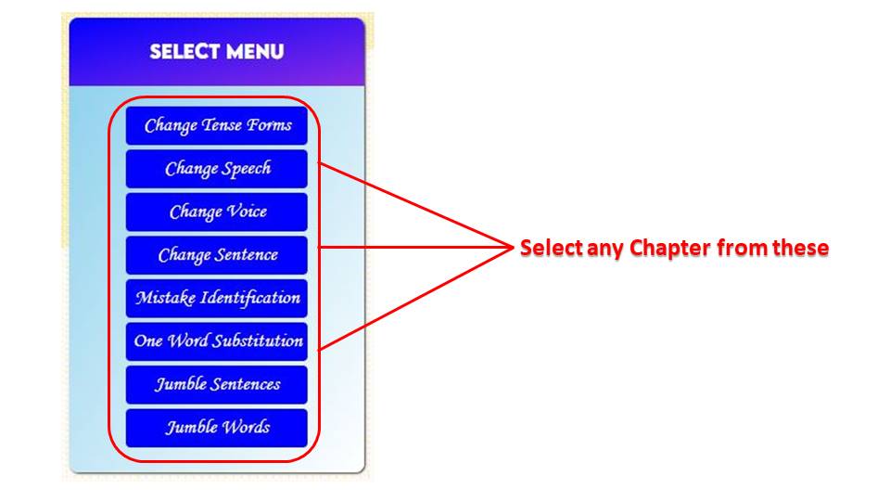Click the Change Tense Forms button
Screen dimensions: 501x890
click(x=217, y=125)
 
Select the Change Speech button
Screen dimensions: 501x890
click(x=217, y=169)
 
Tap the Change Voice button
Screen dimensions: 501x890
click(x=217, y=212)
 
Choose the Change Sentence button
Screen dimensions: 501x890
click(x=217, y=254)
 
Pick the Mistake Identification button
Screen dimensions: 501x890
click(x=217, y=298)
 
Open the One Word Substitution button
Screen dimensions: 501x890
click(x=217, y=340)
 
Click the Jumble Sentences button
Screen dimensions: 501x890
click(x=217, y=383)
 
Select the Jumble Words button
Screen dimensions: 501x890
click(x=217, y=427)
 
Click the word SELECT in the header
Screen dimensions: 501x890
click(x=182, y=51)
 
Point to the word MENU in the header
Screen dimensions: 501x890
click(x=251, y=51)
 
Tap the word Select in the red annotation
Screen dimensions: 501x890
click(x=550, y=249)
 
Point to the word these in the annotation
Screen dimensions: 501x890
click(x=799, y=249)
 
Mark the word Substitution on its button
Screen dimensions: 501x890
click(x=259, y=340)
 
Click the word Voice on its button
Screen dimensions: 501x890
click(x=247, y=212)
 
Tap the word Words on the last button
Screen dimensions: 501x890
click(x=246, y=427)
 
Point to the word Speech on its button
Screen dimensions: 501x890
click(x=247, y=169)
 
